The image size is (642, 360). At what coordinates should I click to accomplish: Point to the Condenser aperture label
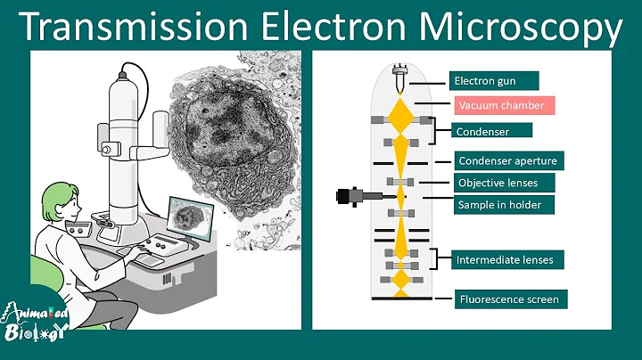point(507,161)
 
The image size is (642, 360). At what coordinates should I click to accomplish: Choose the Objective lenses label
point(504,183)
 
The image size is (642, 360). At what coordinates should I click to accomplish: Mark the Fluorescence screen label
point(509,299)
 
